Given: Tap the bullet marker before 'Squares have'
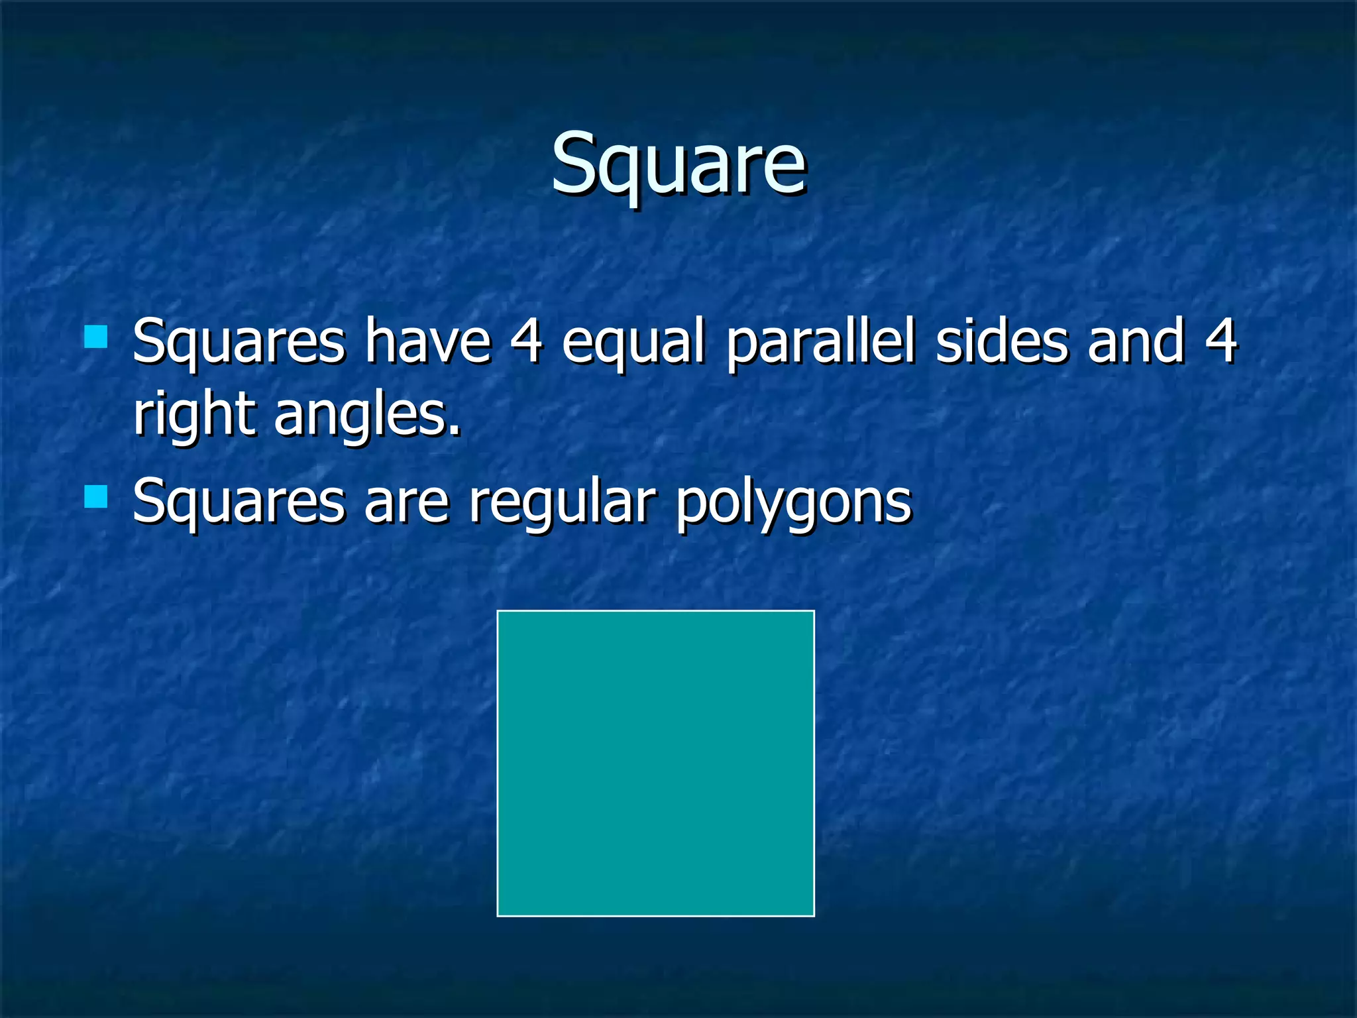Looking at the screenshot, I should coord(96,337).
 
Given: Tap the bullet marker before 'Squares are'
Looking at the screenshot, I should coord(96,496).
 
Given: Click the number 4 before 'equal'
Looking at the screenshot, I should coord(527,341).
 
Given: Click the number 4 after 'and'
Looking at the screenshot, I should coord(1221,341).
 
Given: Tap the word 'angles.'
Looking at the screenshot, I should coord(367,416).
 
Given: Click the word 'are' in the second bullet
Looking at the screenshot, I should coord(406,502).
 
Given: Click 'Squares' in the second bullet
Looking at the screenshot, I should coord(239,502).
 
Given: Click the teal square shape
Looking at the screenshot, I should coord(655,763).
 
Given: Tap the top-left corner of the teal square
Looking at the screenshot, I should coord(498,612).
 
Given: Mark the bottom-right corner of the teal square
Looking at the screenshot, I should coord(813,915).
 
